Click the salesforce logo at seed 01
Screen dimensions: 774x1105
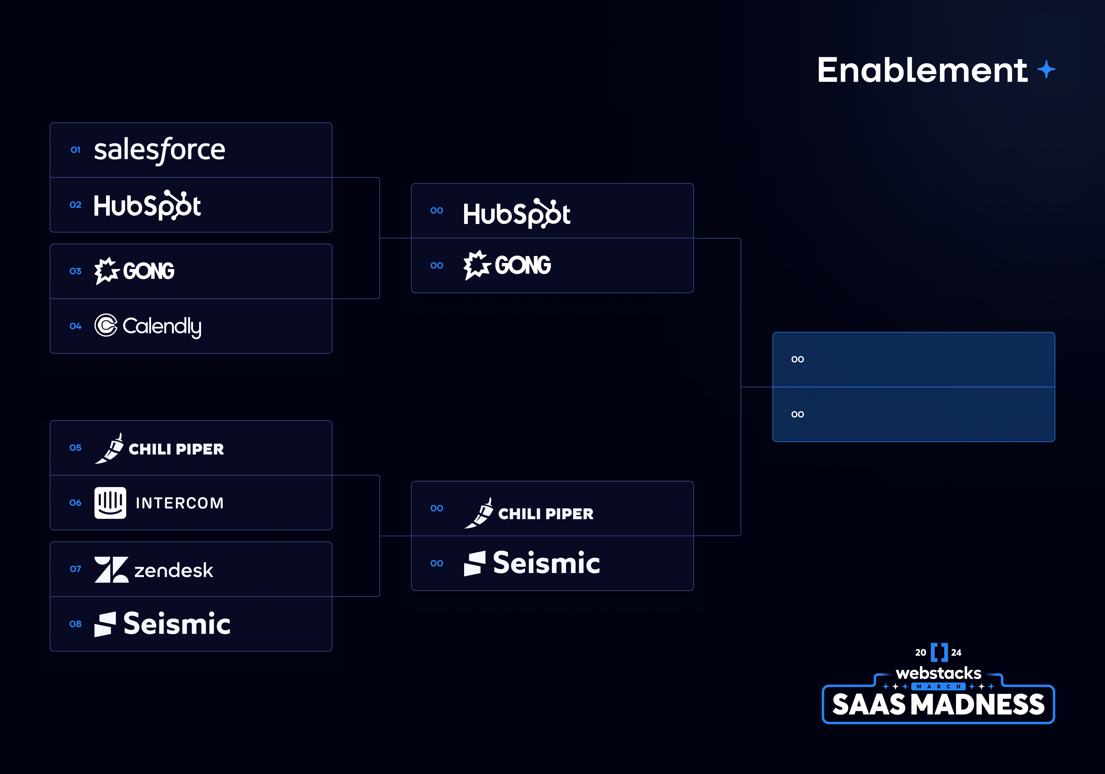(159, 150)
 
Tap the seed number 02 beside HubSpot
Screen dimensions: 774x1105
(76, 205)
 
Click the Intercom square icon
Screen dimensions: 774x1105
(110, 503)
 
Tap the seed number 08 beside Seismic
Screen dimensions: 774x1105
(76, 624)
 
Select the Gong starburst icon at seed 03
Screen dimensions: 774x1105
(106, 271)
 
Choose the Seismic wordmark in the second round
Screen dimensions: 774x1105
(546, 563)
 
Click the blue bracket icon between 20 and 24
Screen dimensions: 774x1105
(939, 652)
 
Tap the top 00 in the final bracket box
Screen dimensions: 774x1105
(798, 359)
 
